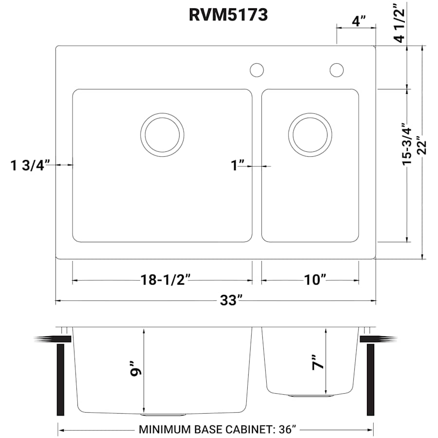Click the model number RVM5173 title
point(228,15)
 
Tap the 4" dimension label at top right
point(359,21)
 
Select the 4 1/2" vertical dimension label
point(400,23)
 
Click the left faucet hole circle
point(256,70)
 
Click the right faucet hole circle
point(336,70)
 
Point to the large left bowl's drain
point(163,135)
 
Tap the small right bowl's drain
point(310,135)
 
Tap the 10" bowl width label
point(315,280)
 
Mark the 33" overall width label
point(231,300)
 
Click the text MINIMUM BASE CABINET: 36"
point(218,430)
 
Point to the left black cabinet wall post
point(61,380)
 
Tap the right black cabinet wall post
point(370,380)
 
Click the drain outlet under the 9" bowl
point(164,415)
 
